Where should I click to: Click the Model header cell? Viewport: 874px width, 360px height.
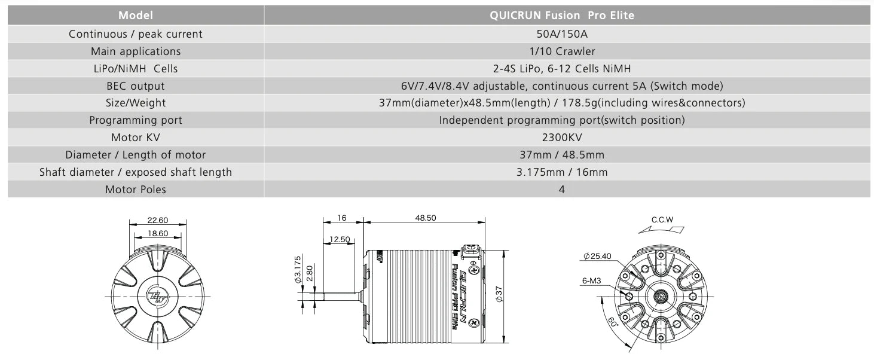point(135,15)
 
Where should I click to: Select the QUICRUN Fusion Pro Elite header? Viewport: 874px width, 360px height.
point(562,15)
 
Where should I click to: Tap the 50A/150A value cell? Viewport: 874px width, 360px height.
point(562,34)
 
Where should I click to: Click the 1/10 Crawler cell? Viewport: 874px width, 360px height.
point(562,51)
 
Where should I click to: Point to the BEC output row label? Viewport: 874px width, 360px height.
point(135,86)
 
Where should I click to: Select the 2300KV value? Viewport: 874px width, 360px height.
point(562,138)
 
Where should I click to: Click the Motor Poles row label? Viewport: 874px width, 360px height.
point(135,190)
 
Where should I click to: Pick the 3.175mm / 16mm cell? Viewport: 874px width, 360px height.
point(562,172)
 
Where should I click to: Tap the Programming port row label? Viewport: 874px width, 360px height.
point(135,120)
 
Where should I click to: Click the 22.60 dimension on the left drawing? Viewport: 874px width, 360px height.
point(158,220)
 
